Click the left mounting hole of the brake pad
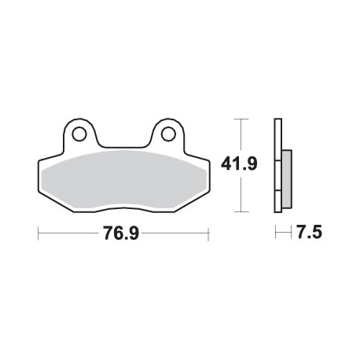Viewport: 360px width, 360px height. pyautogui.click(x=79, y=134)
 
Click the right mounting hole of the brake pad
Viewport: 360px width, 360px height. pyautogui.click(x=168, y=134)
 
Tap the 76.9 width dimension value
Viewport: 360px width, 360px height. pyautogui.click(x=121, y=233)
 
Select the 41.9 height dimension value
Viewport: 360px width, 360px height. pyautogui.click(x=239, y=164)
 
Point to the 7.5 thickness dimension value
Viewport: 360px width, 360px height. pyautogui.click(x=309, y=232)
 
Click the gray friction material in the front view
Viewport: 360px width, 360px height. pyautogui.click(x=124, y=180)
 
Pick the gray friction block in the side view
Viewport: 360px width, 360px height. pyautogui.click(x=287, y=179)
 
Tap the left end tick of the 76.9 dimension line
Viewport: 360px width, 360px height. pyautogui.click(x=39, y=233)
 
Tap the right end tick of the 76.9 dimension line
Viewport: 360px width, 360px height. pyautogui.click(x=208, y=234)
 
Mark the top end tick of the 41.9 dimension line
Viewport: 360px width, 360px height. pyautogui.click(x=241, y=119)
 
